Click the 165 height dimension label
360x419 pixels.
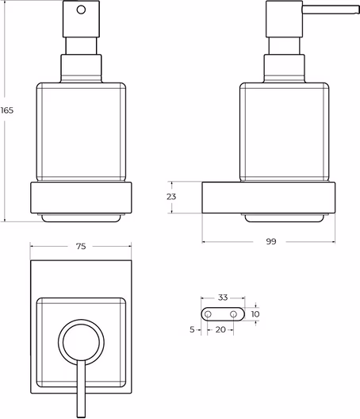pyautogui.click(x=6, y=110)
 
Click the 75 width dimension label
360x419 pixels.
pyautogui.click(x=81, y=246)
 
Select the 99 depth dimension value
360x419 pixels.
pyautogui.click(x=271, y=241)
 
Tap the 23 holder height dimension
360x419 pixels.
pyautogui.click(x=171, y=197)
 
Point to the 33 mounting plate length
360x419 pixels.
pyautogui.click(x=223, y=297)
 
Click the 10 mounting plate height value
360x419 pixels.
pyautogui.click(x=255, y=314)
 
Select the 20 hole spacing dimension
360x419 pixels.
pyautogui.click(x=220, y=330)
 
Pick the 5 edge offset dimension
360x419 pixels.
pyautogui.click(x=192, y=330)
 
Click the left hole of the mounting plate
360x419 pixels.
pyautogui.click(x=208, y=314)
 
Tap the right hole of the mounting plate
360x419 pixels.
pyautogui.click(x=234, y=314)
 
